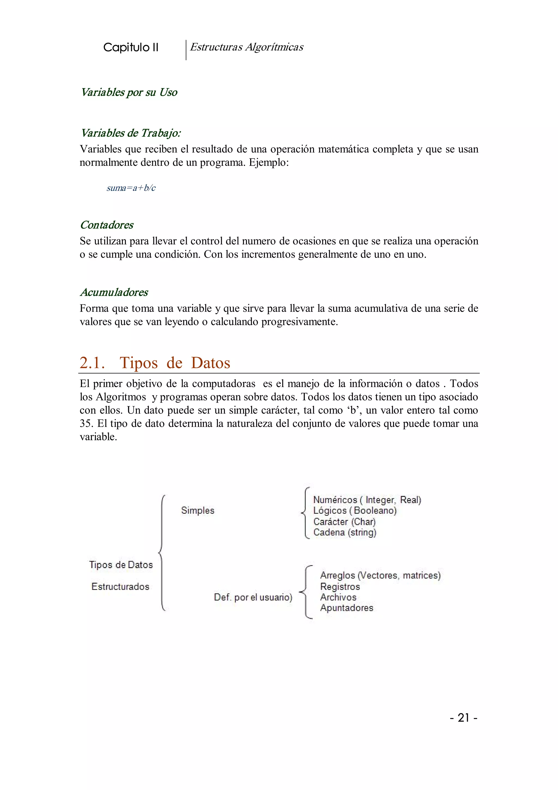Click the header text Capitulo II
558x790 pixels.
coord(131,47)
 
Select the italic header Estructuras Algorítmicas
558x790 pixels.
coord(246,47)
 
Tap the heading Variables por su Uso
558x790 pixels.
coord(129,92)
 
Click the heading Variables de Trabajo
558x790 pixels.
coord(131,133)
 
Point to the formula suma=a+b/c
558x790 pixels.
coord(131,188)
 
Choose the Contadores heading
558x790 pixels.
coord(107,225)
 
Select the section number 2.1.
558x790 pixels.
coord(92,363)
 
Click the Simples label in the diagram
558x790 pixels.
coord(198,510)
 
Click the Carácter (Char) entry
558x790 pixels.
coord(344,522)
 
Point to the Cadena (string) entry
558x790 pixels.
coord(345,532)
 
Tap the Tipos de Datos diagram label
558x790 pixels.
coord(121,565)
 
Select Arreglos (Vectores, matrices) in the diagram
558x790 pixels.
coord(380,575)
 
